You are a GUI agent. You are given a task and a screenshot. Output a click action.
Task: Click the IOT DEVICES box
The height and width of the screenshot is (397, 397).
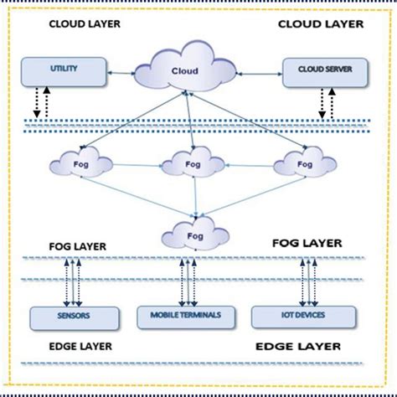[x=294, y=317]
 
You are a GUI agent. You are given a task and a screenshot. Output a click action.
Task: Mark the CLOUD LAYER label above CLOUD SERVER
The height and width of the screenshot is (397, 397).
[x=322, y=25]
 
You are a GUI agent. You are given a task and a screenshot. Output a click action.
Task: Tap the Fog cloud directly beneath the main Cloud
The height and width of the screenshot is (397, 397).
[x=194, y=160]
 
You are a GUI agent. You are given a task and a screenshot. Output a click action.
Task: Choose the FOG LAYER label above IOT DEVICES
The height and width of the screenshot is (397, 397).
[x=307, y=243]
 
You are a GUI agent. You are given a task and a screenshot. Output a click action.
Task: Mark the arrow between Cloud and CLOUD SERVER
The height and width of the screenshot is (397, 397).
[x=260, y=75]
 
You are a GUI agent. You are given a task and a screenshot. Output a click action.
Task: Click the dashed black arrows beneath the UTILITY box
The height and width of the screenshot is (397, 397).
[x=41, y=102]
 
